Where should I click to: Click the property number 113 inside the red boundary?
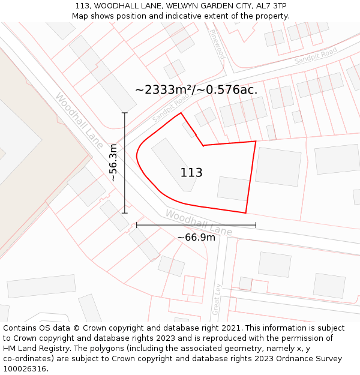(x=191, y=173)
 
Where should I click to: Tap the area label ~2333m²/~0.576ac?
(x=196, y=90)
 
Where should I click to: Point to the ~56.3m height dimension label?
(x=113, y=163)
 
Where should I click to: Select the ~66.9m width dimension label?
(x=196, y=237)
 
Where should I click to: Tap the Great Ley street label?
(x=217, y=299)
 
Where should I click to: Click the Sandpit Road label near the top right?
(x=316, y=57)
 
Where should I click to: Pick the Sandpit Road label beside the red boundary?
(x=170, y=109)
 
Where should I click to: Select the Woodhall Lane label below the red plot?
(x=199, y=223)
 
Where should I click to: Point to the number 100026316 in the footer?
(x=26, y=369)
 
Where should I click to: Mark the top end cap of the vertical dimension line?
(x=125, y=113)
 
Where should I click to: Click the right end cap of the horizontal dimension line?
(x=256, y=225)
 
